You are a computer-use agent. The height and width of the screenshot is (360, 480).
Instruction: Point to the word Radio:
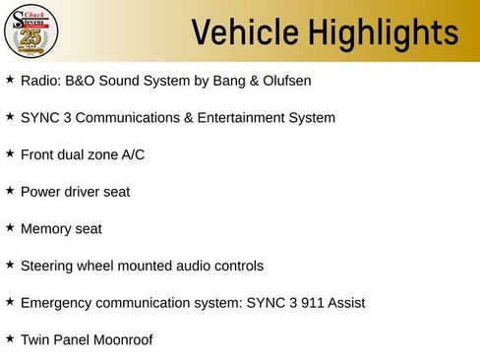coord(40,80)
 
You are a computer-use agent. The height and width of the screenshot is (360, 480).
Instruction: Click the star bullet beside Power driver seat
coord(10,190)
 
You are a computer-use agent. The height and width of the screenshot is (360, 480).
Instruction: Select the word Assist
coord(344,303)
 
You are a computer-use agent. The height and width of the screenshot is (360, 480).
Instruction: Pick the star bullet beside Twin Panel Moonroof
coord(10,338)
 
